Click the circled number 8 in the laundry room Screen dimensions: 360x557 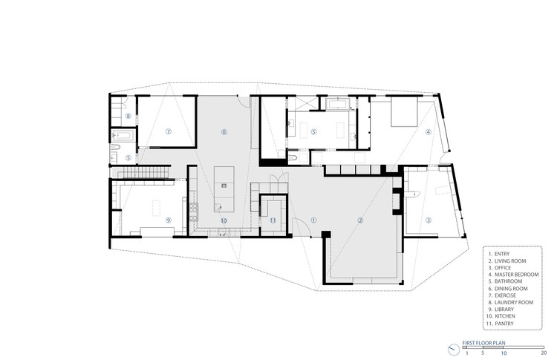[x=128, y=116]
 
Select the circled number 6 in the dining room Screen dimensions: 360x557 [x=223, y=132]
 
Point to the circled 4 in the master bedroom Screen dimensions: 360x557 [x=428, y=132]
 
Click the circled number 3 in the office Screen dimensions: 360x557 [x=428, y=220]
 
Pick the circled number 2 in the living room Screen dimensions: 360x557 [x=360, y=220]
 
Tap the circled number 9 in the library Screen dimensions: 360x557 [x=169, y=220]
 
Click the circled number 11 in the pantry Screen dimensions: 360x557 [x=273, y=220]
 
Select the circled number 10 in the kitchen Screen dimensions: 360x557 [x=223, y=220]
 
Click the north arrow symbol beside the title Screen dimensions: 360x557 [x=454, y=350]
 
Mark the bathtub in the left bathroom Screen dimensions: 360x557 [x=123, y=136]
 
